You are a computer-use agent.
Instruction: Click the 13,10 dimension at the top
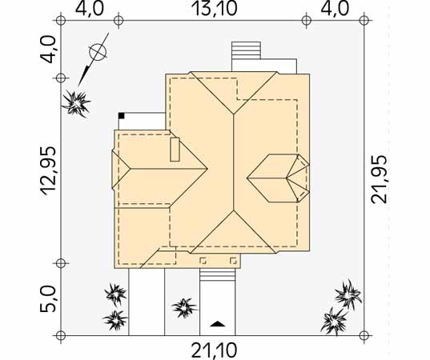[215, 9]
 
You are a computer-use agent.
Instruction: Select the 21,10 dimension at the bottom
[214, 350]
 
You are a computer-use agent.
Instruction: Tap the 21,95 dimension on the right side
[379, 179]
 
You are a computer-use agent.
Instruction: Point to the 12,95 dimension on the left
[49, 171]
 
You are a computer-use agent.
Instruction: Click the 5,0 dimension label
[48, 299]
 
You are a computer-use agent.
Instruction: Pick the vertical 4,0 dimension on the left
[48, 50]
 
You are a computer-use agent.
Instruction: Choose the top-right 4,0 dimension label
[335, 9]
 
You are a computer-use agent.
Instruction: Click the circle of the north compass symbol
[98, 52]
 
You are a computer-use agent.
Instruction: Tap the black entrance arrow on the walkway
[218, 323]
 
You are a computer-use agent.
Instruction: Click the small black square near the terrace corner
[122, 116]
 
